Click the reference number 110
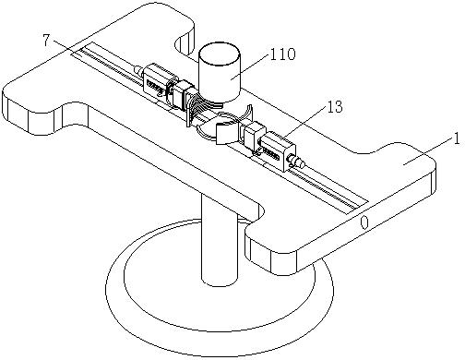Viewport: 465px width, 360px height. coord(282,54)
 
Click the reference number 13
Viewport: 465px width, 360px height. coord(334,106)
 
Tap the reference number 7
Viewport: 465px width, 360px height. coord(46,41)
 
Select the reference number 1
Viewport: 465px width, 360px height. coord(457,138)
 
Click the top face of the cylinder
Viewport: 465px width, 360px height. coord(219,54)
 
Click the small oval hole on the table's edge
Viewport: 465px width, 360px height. coord(364,222)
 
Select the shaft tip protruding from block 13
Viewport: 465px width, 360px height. coord(296,161)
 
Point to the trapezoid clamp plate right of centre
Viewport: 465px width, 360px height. coord(227,133)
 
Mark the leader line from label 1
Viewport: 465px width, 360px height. coord(429,150)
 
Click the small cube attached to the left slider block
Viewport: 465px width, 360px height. coord(182,94)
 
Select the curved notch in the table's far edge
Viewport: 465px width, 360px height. coord(185,41)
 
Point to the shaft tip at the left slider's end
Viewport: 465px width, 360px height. coord(138,70)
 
